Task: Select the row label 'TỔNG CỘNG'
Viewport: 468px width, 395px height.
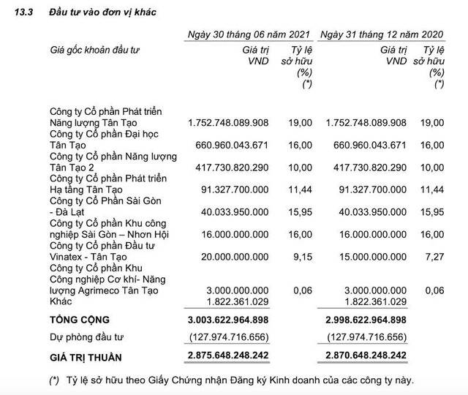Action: point(78,320)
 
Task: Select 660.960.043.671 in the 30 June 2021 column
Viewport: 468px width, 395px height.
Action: point(229,146)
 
